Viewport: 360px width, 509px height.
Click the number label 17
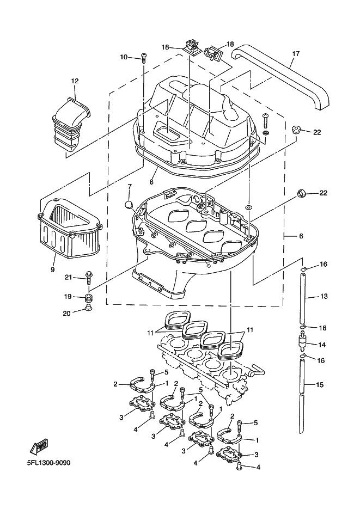[x=296, y=54]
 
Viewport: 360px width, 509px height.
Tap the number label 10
[x=124, y=57]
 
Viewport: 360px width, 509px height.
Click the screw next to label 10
[x=144, y=56]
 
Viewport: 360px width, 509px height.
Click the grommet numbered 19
[x=88, y=297]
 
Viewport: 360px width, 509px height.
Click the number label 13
[x=324, y=296]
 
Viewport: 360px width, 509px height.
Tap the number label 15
[x=320, y=385]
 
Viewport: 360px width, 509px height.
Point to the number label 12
[x=75, y=81]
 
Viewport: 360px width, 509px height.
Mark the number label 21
[x=68, y=278]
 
